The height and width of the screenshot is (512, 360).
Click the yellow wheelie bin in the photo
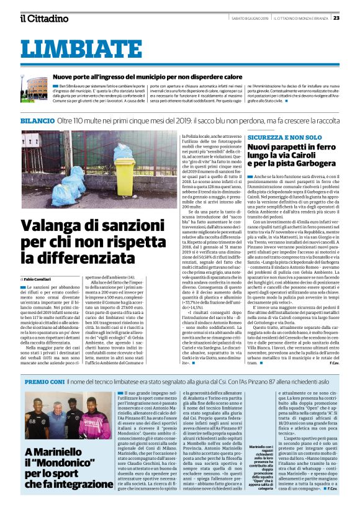[123, 169]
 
